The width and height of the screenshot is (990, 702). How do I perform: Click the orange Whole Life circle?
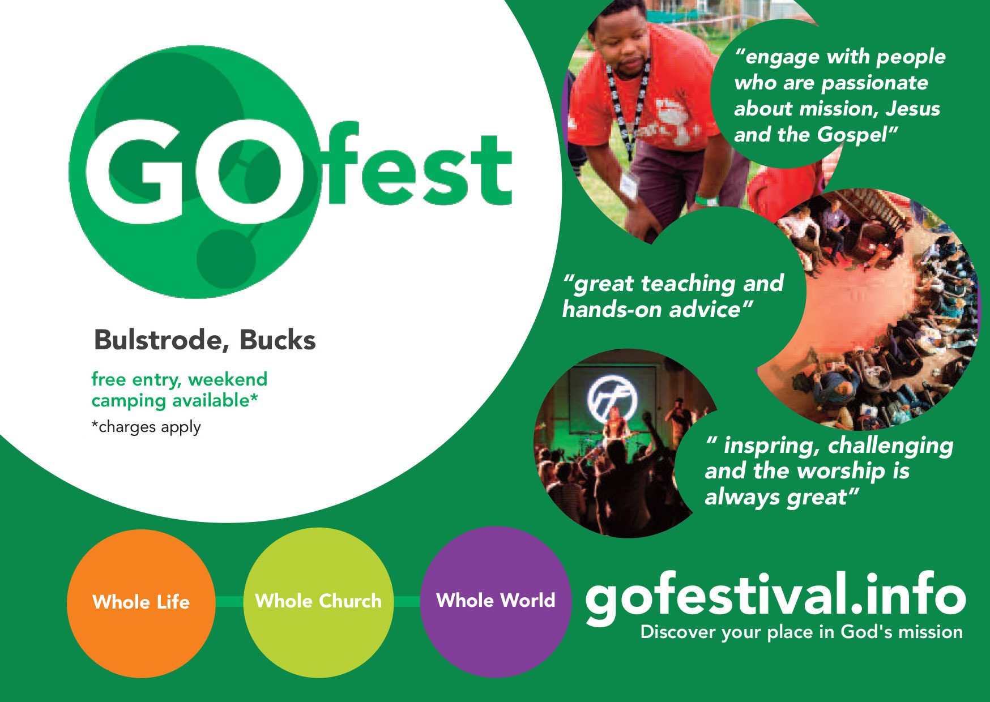click(141, 603)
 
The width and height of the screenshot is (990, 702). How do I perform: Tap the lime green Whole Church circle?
click(318, 602)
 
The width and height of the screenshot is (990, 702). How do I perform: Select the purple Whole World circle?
click(496, 602)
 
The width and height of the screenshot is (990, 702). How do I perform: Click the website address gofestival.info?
click(775, 597)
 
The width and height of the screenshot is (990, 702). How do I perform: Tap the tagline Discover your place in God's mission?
click(801, 632)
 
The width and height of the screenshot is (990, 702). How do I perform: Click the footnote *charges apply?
click(146, 427)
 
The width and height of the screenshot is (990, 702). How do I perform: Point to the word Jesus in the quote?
click(912, 109)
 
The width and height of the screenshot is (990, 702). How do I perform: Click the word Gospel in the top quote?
click(853, 135)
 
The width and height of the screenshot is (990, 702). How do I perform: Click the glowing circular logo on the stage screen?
click(612, 398)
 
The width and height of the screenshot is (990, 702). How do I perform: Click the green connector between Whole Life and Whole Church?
click(229, 601)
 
